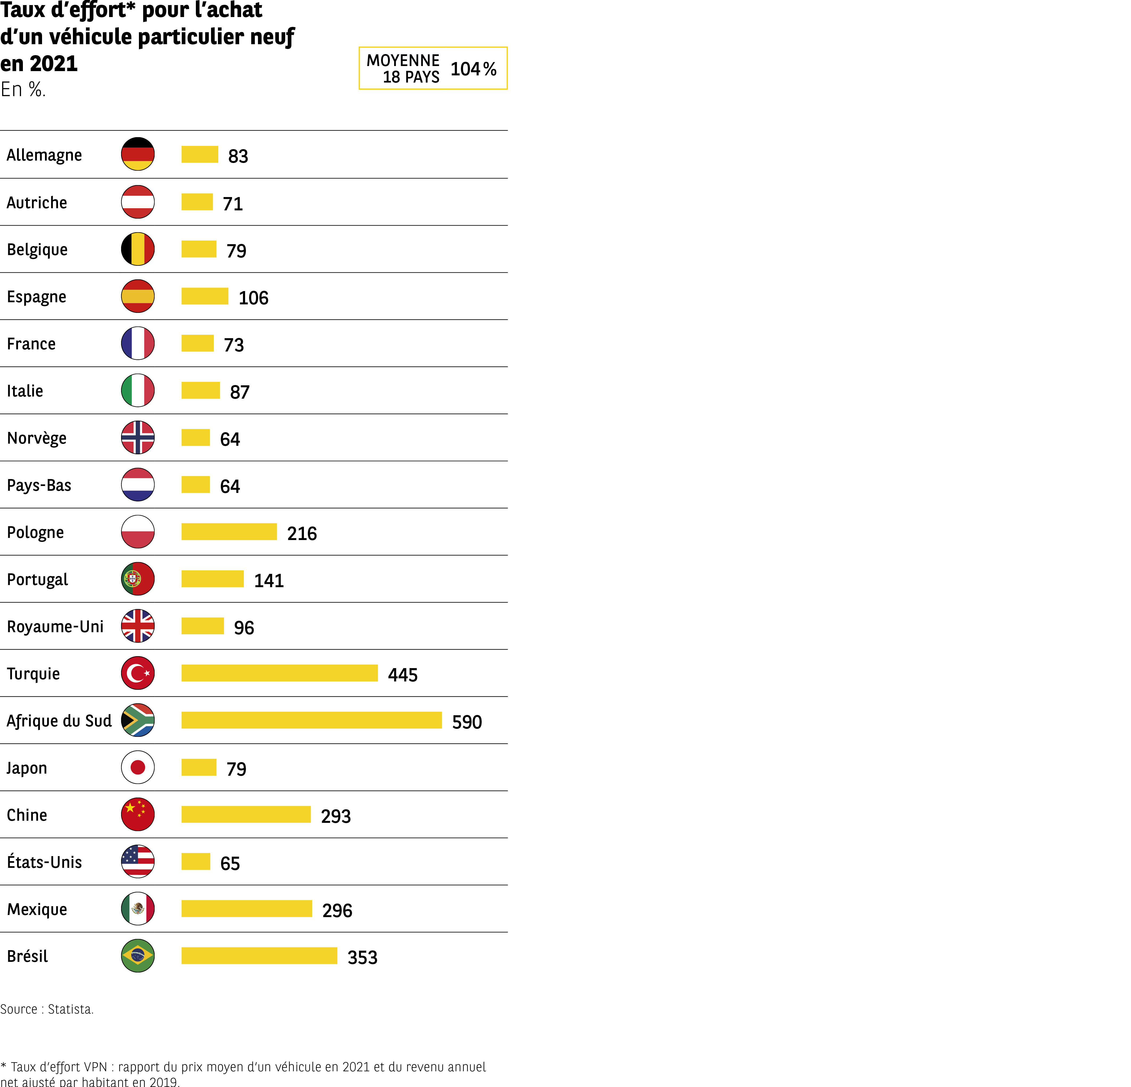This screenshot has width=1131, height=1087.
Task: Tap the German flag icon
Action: (x=138, y=154)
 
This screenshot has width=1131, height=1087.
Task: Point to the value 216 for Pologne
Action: (x=302, y=533)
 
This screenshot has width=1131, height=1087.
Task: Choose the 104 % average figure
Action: (x=473, y=69)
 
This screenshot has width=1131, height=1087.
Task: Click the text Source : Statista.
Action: (x=47, y=1009)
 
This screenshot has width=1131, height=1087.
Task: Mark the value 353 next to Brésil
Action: (x=362, y=958)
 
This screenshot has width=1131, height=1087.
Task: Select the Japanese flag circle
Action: (x=138, y=767)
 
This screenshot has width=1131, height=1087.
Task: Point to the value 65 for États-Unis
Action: (x=230, y=864)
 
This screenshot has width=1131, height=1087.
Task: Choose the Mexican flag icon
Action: (x=138, y=909)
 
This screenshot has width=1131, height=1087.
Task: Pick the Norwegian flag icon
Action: (x=138, y=438)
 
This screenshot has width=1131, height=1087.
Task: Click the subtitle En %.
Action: (x=23, y=89)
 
